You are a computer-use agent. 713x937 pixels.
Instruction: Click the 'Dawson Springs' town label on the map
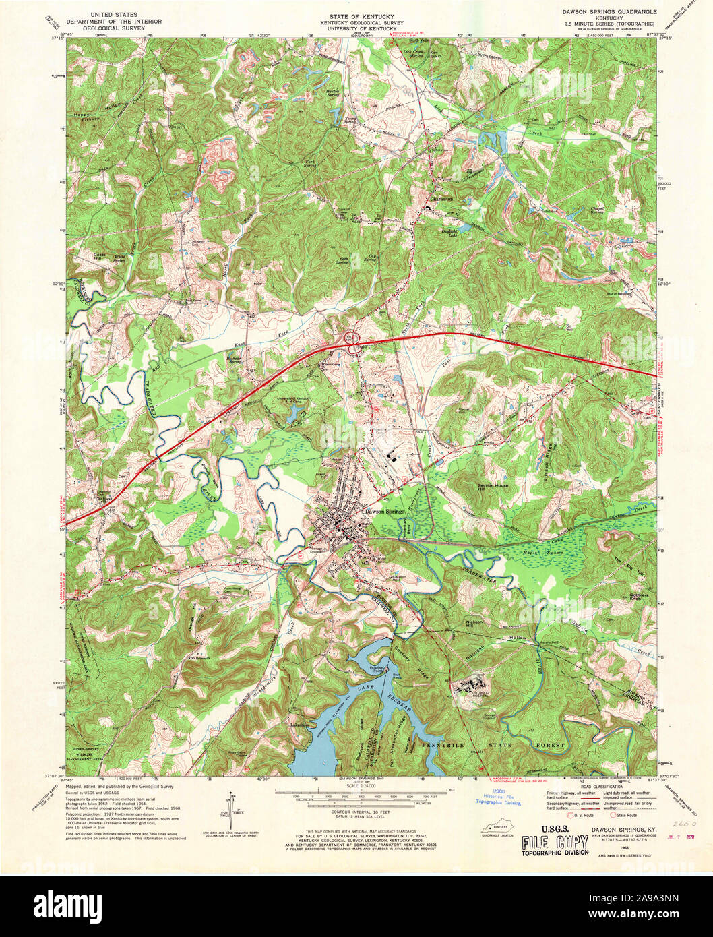pos(384,512)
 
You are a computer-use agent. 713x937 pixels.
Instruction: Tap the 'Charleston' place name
pos(441,200)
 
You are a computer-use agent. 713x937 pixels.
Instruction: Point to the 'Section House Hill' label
pos(490,487)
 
